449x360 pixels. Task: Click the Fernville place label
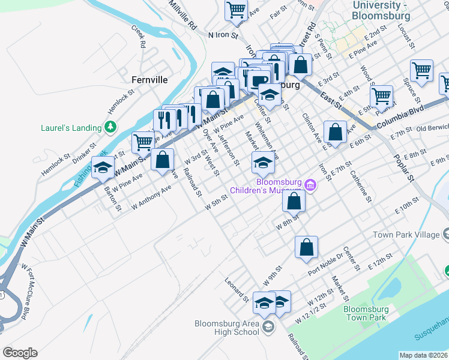[x=149, y=79]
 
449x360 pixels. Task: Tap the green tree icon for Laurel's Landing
[x=110, y=127]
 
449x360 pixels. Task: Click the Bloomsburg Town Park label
[x=366, y=313]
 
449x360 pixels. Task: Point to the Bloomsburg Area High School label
[x=227, y=328]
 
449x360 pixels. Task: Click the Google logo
[x=20, y=353]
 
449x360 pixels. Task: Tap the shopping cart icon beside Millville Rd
[x=237, y=9]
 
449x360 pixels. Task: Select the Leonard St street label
[x=237, y=289]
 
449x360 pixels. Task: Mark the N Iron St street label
[x=223, y=35]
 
